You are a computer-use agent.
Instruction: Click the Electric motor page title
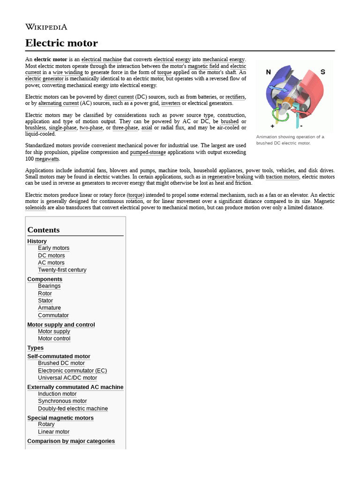tap(61, 43)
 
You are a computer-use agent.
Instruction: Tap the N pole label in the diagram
tap(269, 72)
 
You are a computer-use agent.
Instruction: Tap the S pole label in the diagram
tap(322, 72)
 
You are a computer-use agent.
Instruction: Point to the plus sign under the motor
tap(272, 126)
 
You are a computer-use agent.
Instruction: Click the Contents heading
tap(44, 230)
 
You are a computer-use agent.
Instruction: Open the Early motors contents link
tap(53, 248)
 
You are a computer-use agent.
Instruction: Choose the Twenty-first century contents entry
tap(62, 270)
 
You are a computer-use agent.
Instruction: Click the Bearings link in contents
tap(49, 286)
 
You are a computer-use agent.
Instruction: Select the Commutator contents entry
tap(53, 315)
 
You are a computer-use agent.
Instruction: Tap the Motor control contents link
tap(54, 338)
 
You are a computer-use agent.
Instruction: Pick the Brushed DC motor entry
tap(61, 363)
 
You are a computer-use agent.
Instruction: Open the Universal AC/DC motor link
tap(67, 378)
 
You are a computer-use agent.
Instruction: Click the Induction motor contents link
tap(57, 394)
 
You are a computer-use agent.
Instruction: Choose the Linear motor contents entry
tap(53, 432)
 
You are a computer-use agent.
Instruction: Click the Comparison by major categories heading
tap(71, 441)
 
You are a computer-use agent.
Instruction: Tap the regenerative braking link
tap(230, 177)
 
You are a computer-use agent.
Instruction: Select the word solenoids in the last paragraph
tap(36, 208)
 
